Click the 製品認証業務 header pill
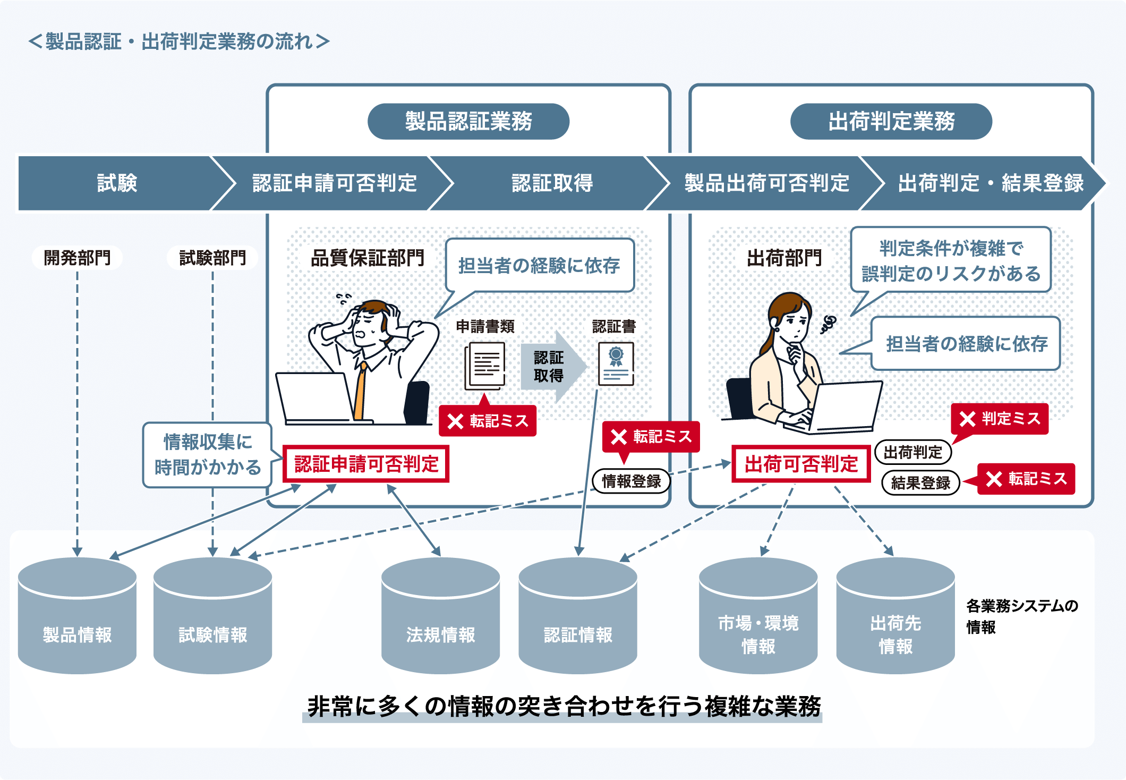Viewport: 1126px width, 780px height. [x=468, y=121]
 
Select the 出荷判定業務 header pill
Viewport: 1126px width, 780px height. [x=891, y=121]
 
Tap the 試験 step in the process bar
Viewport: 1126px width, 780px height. [x=117, y=183]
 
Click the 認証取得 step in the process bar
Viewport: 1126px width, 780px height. [x=552, y=183]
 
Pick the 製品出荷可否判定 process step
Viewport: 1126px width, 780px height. [x=766, y=183]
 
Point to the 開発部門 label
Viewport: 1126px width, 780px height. [x=77, y=258]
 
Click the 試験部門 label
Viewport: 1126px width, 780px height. [x=212, y=258]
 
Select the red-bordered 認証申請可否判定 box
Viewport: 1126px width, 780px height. [x=366, y=464]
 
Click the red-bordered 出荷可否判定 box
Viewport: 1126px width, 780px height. [x=801, y=464]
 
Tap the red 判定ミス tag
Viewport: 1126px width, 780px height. [x=1000, y=419]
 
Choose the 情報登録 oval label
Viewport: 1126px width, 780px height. [x=631, y=481]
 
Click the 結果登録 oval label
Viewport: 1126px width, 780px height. [x=920, y=482]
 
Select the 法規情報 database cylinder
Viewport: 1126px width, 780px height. [x=440, y=616]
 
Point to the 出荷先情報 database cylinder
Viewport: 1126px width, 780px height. [x=895, y=616]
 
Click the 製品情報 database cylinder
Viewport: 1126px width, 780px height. [x=77, y=616]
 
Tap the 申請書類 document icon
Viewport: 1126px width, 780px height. [x=485, y=366]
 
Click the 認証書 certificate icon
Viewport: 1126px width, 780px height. [x=616, y=363]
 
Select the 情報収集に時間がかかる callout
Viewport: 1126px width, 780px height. [x=207, y=455]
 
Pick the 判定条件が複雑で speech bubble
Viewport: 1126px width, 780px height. [x=950, y=260]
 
